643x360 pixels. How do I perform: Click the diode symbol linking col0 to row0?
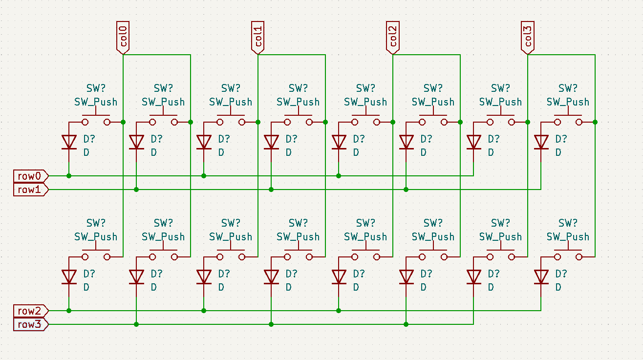(69, 142)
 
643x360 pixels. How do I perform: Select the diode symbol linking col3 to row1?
(541, 142)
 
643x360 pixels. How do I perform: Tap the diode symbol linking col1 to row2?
(204, 276)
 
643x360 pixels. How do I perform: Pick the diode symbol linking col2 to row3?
(406, 276)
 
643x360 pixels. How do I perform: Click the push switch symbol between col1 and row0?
(231, 120)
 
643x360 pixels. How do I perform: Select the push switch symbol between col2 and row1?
(433, 120)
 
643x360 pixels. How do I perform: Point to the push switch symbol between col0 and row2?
(96, 255)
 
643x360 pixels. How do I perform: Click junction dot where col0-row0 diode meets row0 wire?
(69, 176)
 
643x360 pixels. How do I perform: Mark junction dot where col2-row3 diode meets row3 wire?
(406, 324)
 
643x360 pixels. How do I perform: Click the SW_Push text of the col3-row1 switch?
(568, 102)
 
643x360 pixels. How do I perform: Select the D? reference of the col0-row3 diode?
(156, 274)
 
